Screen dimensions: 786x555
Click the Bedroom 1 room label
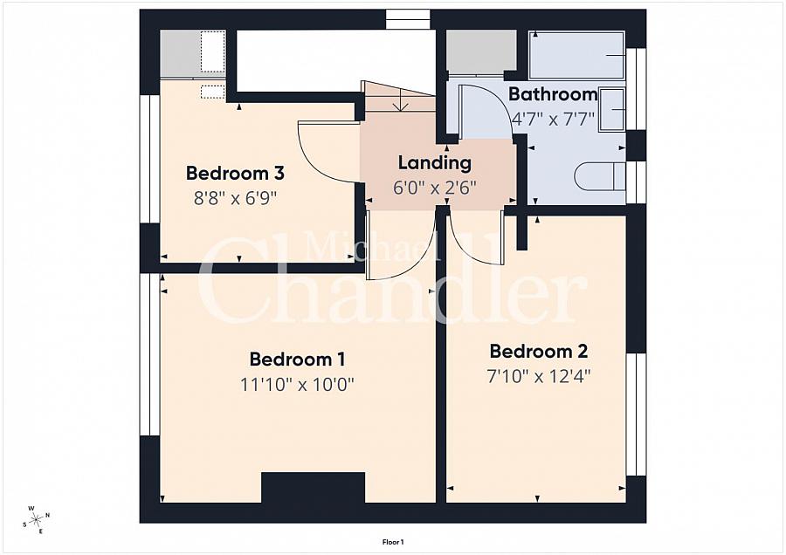click(297, 360)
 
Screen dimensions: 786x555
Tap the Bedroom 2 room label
click(538, 351)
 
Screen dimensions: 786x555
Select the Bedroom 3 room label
click(235, 174)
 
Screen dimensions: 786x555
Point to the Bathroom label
click(553, 94)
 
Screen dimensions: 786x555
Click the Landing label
click(435, 163)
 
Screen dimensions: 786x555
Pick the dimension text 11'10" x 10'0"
click(297, 385)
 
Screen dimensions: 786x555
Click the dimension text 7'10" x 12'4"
click(539, 376)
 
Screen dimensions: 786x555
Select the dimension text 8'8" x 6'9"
click(235, 199)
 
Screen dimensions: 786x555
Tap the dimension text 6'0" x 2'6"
click(435, 188)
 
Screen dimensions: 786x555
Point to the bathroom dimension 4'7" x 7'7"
click(553, 120)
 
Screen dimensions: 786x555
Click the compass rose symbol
click(37, 519)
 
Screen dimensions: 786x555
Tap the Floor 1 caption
click(393, 542)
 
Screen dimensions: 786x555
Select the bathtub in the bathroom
click(576, 56)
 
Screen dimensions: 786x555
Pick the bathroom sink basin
click(611, 110)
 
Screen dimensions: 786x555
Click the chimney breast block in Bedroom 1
click(314, 487)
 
